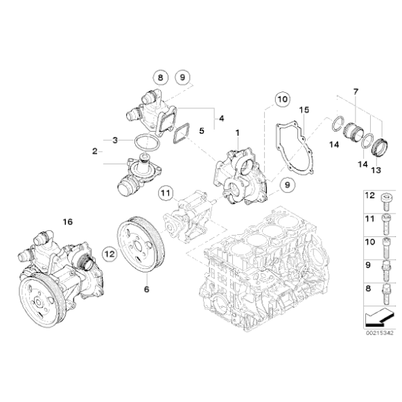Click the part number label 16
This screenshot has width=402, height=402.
tap(67, 222)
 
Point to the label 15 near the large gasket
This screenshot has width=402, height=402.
tap(303, 110)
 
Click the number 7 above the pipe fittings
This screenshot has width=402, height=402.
tap(355, 93)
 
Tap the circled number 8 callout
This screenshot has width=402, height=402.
tap(161, 79)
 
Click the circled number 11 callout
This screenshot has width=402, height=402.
tap(165, 192)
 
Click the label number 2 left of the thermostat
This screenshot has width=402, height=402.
tap(94, 150)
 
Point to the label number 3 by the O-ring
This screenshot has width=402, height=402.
tap(116, 139)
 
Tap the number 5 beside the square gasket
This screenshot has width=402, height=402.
tap(202, 130)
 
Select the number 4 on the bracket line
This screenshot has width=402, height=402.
tap(221, 119)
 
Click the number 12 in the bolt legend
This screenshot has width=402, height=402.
tap(369, 197)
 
